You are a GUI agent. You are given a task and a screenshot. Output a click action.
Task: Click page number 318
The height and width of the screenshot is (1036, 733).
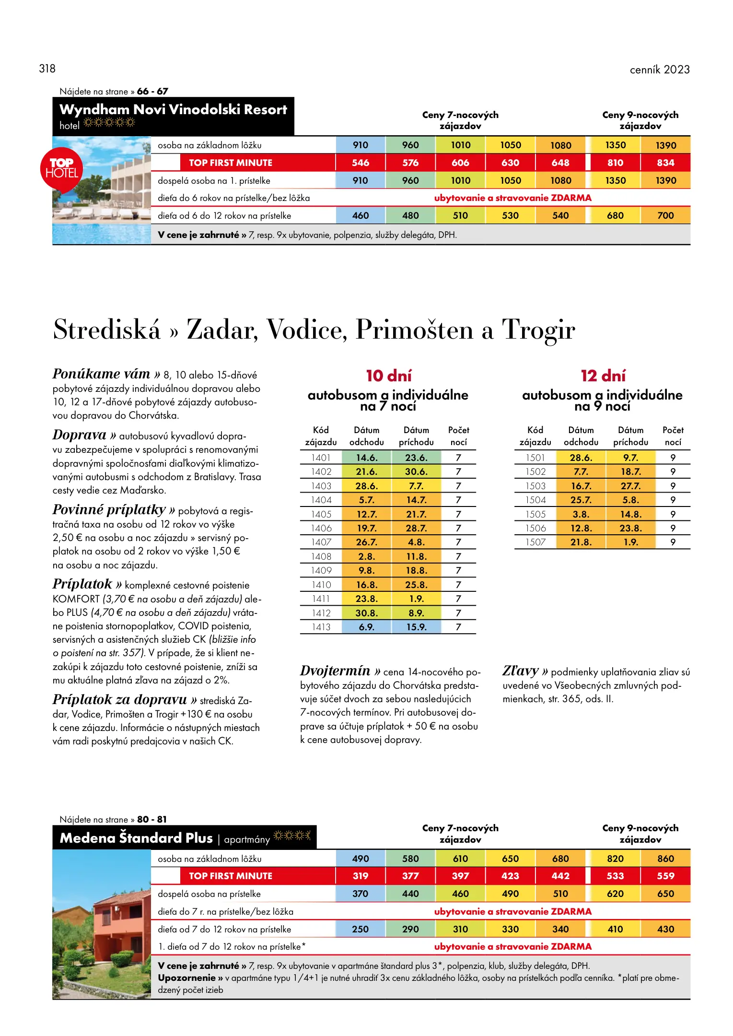tap(47, 69)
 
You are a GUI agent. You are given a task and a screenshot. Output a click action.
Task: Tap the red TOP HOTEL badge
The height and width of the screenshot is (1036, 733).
tap(61, 168)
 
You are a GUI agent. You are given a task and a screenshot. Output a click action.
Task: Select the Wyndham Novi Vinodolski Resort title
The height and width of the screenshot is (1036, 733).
tap(173, 110)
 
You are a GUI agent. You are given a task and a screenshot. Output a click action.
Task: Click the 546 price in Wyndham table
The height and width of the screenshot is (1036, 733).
tap(361, 163)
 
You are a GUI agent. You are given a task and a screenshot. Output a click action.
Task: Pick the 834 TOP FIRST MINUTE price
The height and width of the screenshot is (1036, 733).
tap(665, 163)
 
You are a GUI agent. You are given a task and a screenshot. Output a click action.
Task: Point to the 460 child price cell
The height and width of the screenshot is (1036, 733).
tap(361, 215)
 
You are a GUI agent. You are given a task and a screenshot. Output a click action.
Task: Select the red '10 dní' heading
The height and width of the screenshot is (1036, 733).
tap(388, 376)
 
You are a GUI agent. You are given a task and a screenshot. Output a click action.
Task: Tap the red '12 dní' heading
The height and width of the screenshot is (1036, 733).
tap(603, 376)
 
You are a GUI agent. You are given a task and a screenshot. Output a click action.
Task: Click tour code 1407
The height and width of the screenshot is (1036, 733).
tap(321, 542)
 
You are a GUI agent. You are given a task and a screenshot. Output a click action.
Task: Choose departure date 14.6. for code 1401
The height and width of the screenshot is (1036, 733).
tap(366, 458)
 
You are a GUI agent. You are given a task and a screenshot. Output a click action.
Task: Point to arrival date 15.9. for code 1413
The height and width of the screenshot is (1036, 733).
tap(416, 627)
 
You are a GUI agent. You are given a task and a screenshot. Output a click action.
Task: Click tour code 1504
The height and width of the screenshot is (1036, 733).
tap(535, 500)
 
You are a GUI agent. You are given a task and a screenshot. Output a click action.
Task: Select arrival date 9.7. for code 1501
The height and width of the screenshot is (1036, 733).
tap(630, 458)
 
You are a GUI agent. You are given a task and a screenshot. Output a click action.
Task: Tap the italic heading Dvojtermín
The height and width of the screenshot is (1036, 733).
tap(335, 671)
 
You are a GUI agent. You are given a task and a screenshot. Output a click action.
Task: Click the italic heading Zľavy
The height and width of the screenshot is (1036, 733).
tap(521, 671)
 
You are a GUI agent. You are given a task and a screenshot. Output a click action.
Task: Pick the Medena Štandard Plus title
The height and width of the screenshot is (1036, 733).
tap(136, 838)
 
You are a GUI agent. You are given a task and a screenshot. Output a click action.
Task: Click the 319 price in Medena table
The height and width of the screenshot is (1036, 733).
tap(361, 876)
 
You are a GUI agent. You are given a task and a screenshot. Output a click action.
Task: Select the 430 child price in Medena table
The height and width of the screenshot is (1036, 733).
tap(665, 929)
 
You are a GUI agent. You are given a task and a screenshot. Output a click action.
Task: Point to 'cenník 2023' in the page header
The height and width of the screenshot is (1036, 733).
tap(659, 70)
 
